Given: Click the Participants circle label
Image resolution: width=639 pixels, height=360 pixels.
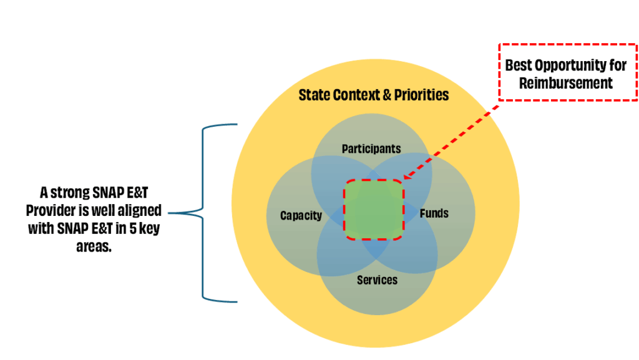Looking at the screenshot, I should pos(371,148).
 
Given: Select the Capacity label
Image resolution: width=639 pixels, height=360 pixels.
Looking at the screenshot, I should pos(301,216).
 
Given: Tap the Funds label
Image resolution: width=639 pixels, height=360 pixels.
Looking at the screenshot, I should pos(434,213).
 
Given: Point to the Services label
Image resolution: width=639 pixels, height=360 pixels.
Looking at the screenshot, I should pos(377,280).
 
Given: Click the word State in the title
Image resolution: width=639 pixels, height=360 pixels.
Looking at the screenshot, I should pos(315,95).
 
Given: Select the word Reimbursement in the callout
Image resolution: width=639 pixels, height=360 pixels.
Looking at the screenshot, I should pos(566,83).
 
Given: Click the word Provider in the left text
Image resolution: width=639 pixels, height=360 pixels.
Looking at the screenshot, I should pos(50,210).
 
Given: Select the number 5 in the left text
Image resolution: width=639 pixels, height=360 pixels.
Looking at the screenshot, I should pos(129,228).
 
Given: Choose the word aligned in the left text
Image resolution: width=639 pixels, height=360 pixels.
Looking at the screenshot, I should pos(141,210).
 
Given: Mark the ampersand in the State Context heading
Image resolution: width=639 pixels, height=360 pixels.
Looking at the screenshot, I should pos(388,95).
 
